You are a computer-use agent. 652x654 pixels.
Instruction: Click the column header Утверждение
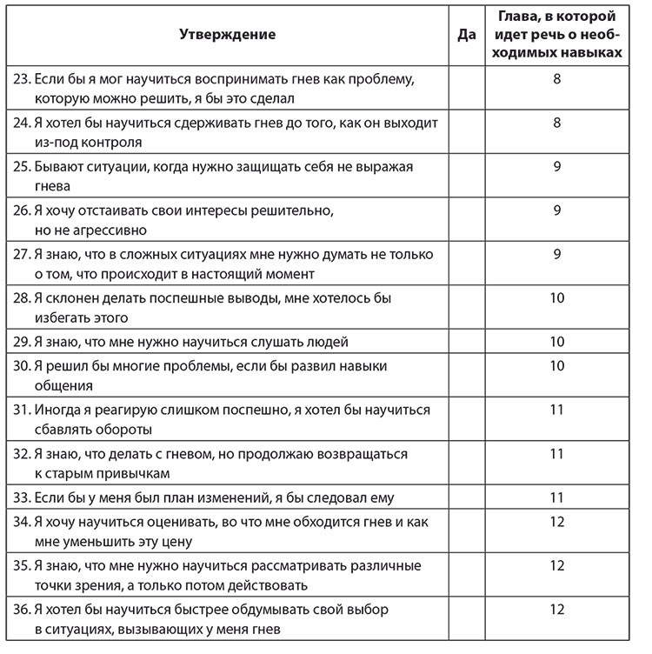click(227, 35)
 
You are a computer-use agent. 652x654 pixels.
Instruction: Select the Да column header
click(466, 35)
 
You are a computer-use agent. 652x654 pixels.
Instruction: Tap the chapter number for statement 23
click(557, 79)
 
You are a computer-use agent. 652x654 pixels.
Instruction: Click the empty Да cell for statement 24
click(466, 130)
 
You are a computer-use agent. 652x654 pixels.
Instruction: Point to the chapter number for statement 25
click(557, 164)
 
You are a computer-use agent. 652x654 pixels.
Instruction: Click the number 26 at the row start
click(21, 211)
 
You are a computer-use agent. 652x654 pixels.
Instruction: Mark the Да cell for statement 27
click(466, 263)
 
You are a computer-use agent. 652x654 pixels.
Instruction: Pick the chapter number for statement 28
click(557, 298)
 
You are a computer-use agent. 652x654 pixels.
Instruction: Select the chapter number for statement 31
click(557, 410)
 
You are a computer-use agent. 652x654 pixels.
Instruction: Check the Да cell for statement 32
click(466, 463)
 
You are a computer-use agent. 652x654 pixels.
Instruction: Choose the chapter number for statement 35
click(557, 566)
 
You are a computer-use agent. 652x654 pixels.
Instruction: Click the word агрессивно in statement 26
click(107, 230)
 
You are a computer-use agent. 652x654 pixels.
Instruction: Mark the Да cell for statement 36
click(466, 619)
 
